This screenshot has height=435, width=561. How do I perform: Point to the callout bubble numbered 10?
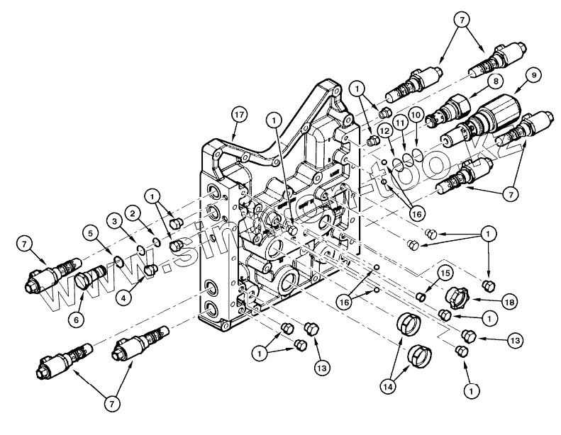[417, 115]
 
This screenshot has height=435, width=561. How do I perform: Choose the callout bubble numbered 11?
[400, 123]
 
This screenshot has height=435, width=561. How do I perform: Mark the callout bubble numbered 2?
[132, 212]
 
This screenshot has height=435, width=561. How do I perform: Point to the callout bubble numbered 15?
[445, 272]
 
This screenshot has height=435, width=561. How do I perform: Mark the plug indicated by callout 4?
[150, 270]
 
